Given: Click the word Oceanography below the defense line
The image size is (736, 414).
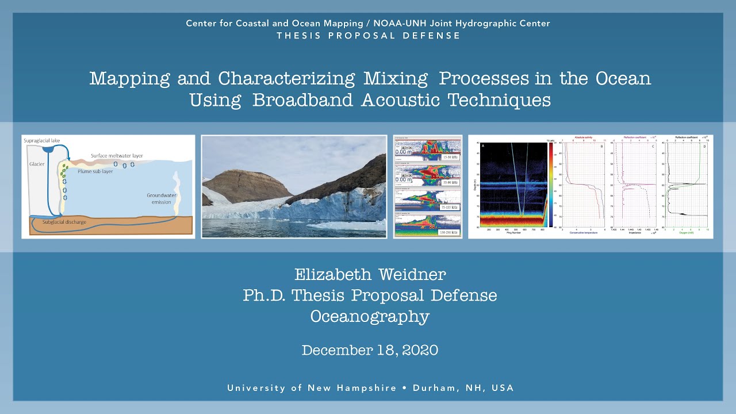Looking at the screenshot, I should (x=370, y=317).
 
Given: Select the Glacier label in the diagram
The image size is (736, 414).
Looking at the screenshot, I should (x=37, y=164).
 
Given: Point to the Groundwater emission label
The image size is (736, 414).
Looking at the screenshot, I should (x=162, y=198).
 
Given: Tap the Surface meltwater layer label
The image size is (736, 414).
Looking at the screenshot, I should (x=117, y=156).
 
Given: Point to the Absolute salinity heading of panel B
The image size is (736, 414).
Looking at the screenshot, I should (x=583, y=138).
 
